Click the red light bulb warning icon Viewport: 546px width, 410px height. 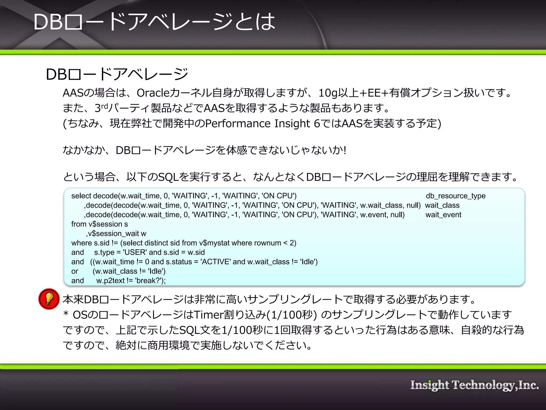[49, 299]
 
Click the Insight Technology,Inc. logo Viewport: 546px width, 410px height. [474, 385]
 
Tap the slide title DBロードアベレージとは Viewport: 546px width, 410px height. [154, 22]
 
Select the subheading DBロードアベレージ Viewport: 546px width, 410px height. [117, 74]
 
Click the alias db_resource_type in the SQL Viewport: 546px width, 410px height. [455, 196]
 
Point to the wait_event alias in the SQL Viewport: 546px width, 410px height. [443, 215]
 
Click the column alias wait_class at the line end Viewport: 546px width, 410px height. [442, 205]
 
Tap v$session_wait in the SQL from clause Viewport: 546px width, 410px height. [117, 234]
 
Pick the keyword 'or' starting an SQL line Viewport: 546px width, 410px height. [75, 271]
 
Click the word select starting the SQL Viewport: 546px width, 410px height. [81, 196]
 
